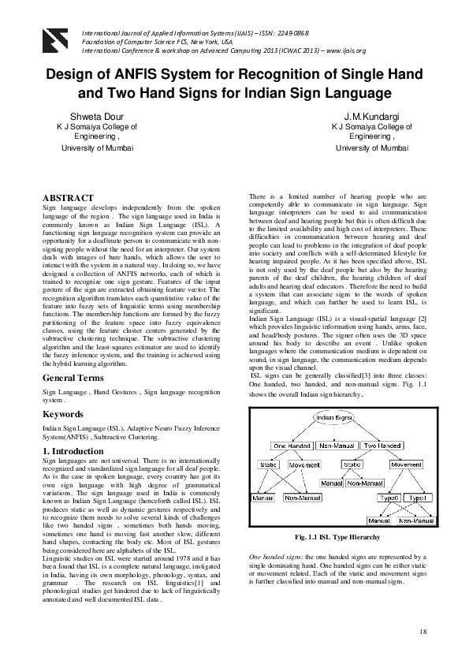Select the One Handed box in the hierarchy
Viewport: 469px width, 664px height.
[289, 446]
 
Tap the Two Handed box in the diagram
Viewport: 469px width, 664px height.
[384, 446]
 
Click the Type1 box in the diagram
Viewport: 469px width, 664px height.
[419, 498]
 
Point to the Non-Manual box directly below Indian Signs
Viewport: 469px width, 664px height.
[336, 446]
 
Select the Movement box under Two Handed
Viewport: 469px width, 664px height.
[406, 464]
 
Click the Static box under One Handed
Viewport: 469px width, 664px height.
[268, 464]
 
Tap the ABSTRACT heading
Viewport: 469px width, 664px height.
[68, 198]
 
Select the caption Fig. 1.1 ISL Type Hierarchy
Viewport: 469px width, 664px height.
[337, 537]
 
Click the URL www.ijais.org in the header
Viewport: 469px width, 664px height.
[340, 50]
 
